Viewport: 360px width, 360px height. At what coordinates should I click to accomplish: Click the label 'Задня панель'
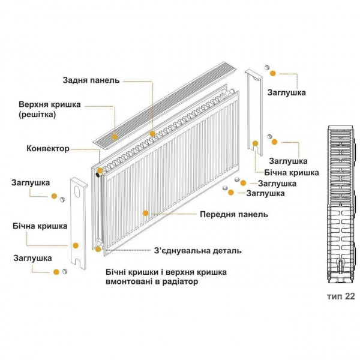click(92, 80)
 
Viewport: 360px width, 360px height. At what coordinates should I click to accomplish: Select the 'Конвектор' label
click(48, 148)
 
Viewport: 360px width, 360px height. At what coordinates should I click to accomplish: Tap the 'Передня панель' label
click(233, 214)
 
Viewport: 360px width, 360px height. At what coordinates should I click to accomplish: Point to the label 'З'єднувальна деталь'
click(197, 251)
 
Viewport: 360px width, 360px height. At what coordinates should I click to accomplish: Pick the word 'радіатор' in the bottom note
click(177, 281)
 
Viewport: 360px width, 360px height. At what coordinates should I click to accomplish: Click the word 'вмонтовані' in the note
click(128, 281)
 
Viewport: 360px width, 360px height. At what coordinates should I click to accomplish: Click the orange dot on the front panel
click(145, 212)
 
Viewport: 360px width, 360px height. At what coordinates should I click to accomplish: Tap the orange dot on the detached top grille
click(152, 133)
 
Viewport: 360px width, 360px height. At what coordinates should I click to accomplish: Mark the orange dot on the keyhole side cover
click(76, 245)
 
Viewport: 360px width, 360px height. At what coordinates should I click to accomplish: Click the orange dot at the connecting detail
click(99, 246)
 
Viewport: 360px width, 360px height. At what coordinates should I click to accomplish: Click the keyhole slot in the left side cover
click(77, 192)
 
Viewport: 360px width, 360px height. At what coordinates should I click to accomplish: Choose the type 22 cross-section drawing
click(339, 204)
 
